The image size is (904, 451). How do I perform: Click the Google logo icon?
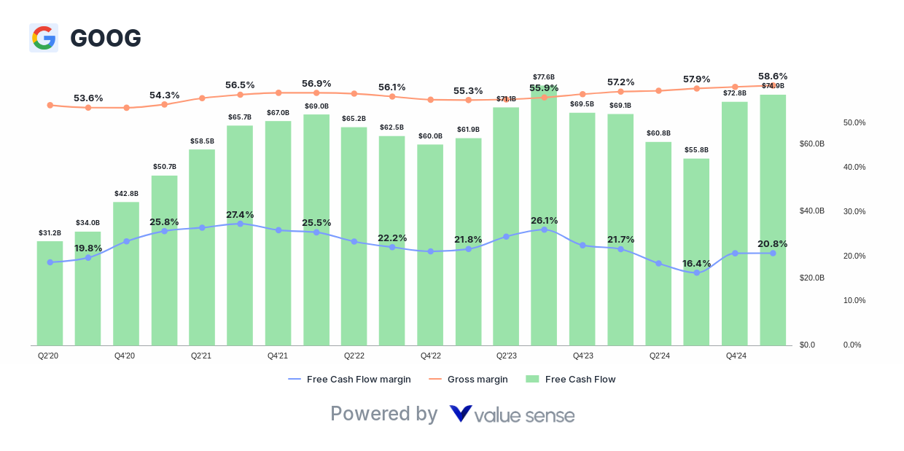click(43, 38)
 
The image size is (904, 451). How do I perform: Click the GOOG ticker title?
click(106, 38)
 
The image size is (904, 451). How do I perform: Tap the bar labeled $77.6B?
click(544, 219)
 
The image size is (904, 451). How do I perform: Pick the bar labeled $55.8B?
click(696, 251)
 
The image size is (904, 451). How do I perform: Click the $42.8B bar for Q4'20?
click(126, 273)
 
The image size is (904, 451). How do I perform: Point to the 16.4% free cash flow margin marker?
click(696, 272)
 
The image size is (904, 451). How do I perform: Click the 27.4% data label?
click(240, 214)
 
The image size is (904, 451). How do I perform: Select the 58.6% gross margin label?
click(773, 76)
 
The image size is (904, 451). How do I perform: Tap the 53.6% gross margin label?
click(88, 98)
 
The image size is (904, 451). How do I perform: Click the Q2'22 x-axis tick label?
click(354, 356)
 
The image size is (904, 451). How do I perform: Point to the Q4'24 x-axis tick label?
click(736, 356)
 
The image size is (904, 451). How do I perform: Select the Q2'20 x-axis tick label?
click(50, 356)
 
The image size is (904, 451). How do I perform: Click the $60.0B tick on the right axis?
click(811, 144)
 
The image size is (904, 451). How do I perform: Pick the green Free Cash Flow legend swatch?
click(532, 379)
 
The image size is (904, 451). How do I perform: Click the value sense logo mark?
click(460, 414)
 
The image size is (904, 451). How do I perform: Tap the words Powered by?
click(383, 414)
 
